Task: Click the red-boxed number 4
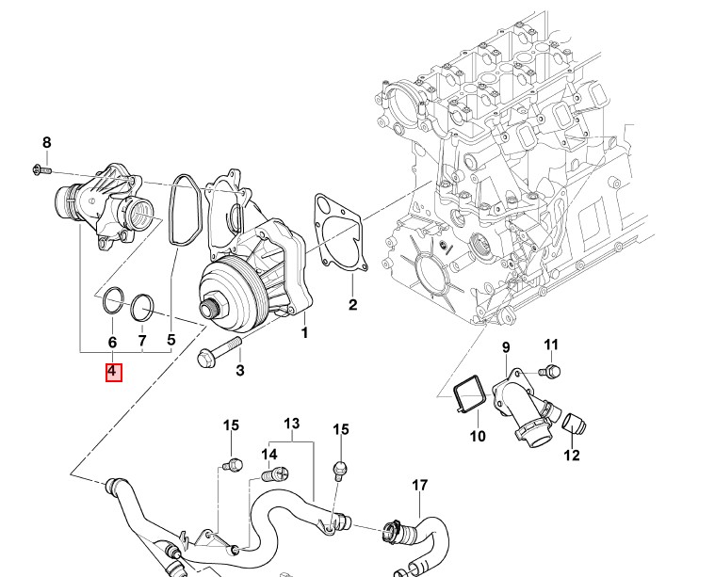point(112,371)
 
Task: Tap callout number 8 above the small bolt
point(46,142)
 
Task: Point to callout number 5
point(171,340)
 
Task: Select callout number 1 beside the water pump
point(304,333)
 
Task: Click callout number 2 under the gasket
point(352,304)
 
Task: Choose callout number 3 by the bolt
point(240,371)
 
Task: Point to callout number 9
point(505,347)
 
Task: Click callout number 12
point(572,456)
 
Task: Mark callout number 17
point(419,486)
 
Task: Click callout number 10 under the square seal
point(477,436)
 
